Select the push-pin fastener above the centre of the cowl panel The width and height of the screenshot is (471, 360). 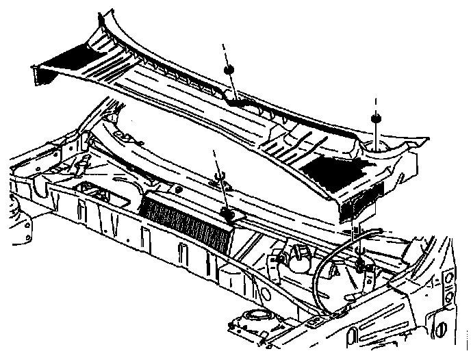pyautogui.click(x=229, y=70)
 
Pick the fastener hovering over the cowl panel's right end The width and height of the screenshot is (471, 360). pyautogui.click(x=377, y=120)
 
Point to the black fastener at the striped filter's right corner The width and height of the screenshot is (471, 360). pyautogui.click(x=231, y=216)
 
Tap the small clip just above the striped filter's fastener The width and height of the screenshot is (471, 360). pyautogui.click(x=220, y=181)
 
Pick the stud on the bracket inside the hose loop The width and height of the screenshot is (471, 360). pyautogui.click(x=361, y=261)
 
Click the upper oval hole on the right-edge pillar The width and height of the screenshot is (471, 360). pyautogui.click(x=449, y=280)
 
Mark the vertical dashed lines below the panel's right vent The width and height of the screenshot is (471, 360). pyautogui.click(x=357, y=229)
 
